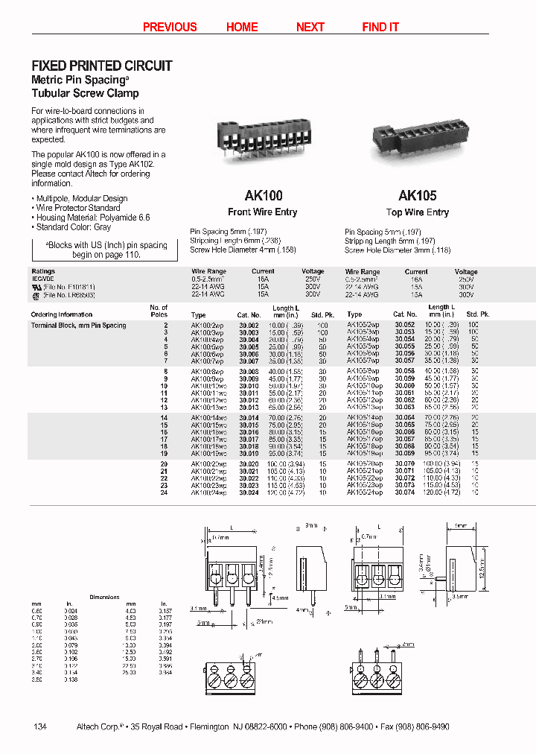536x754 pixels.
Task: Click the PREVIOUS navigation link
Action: pos(170,27)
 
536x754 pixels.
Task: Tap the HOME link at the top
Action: pos(242,27)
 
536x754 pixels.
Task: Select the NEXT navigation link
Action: pos(310,27)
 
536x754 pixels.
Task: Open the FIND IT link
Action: pos(380,27)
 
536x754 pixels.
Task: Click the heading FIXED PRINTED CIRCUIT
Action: pos(102,66)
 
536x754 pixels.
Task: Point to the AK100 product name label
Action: pos(264,196)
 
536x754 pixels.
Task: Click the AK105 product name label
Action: pos(417,196)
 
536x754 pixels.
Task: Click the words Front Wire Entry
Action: pos(262,212)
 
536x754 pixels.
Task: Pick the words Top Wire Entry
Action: pos(417,212)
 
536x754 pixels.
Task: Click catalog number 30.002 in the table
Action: pos(249,326)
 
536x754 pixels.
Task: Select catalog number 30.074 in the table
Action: pos(404,492)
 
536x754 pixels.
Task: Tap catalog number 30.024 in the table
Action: pos(249,492)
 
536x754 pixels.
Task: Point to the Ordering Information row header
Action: pos(62,315)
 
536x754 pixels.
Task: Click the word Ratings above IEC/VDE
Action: pos(43,272)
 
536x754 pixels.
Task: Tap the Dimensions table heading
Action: pos(104,598)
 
